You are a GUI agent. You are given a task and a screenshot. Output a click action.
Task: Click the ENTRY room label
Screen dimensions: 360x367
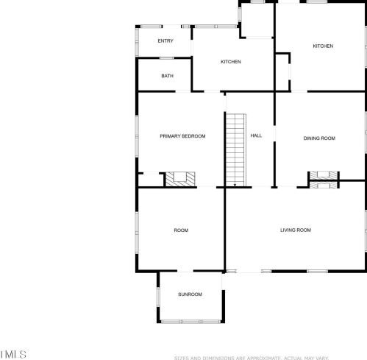[165, 41]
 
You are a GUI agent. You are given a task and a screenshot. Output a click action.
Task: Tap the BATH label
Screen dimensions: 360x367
[168, 76]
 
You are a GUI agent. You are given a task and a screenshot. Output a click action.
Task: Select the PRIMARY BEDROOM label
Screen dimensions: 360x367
[182, 136]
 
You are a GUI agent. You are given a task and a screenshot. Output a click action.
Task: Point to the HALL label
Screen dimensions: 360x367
[256, 136]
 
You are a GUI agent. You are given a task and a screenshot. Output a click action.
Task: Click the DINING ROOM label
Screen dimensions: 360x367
[319, 138]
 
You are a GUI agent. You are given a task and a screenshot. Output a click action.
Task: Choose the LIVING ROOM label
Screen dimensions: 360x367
[296, 230]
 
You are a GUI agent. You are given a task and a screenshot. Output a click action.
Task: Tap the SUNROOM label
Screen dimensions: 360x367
[190, 294]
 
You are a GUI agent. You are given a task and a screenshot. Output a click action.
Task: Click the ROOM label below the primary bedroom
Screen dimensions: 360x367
[181, 230]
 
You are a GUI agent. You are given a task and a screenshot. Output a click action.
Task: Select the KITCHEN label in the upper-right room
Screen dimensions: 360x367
[323, 46]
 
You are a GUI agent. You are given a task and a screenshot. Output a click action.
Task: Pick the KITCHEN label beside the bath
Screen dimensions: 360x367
[231, 62]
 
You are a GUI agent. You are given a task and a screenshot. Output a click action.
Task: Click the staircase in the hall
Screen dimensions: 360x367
[235, 147]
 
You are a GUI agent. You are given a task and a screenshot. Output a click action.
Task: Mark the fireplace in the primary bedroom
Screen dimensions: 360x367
[179, 179]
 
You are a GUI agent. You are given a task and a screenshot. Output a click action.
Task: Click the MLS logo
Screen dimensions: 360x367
[13, 354]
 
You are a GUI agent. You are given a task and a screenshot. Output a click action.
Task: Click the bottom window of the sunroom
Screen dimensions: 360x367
[190, 321]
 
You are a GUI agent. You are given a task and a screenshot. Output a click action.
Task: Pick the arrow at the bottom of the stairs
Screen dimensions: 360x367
[235, 184]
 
